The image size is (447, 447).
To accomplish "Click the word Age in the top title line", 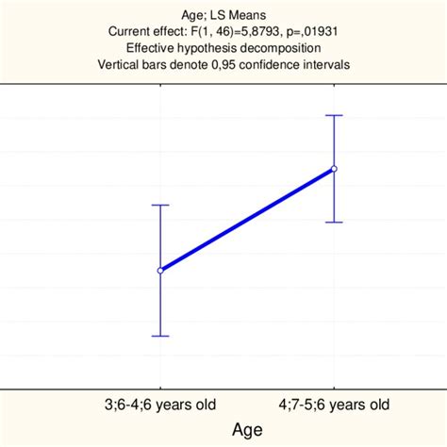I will [x=191, y=14].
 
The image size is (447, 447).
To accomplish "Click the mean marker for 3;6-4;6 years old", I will [x=160, y=271].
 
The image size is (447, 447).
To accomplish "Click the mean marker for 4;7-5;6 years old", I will [x=334, y=169].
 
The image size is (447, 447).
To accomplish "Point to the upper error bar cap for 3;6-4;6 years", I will [x=160, y=205].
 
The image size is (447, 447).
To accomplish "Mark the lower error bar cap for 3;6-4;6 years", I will [x=160, y=336].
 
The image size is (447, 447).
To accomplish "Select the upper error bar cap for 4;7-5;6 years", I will [x=334, y=115].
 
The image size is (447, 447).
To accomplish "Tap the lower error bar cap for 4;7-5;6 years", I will [x=334, y=222].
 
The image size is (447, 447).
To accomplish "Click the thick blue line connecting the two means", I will [x=247, y=220].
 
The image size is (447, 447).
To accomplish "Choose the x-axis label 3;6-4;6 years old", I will [x=160, y=405].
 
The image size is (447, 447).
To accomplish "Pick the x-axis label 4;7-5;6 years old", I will [x=334, y=405].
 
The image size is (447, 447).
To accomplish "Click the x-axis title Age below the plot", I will [x=247, y=429].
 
